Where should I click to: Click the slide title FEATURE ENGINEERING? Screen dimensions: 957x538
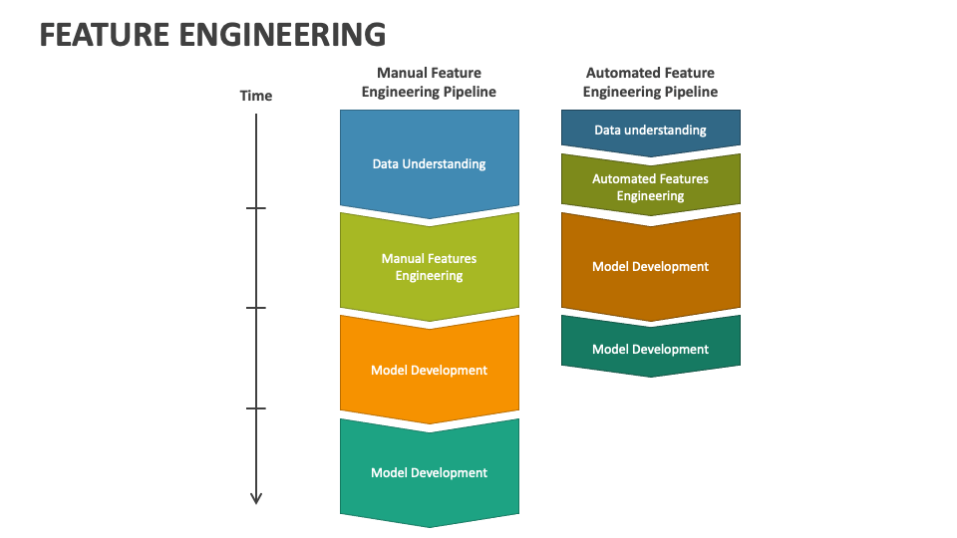point(212,34)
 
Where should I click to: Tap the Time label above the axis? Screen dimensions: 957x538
point(256,96)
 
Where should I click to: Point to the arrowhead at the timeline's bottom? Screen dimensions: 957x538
point(256,498)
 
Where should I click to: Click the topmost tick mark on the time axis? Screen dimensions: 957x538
point(256,208)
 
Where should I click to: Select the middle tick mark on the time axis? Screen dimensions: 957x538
point(256,308)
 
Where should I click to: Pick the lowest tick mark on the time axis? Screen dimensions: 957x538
point(256,408)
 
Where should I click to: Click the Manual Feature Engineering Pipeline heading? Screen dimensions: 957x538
point(429,83)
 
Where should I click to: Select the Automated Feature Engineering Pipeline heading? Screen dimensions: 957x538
point(650,83)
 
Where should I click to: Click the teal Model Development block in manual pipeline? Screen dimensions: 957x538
point(430,472)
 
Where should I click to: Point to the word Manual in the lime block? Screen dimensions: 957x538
point(402,259)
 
